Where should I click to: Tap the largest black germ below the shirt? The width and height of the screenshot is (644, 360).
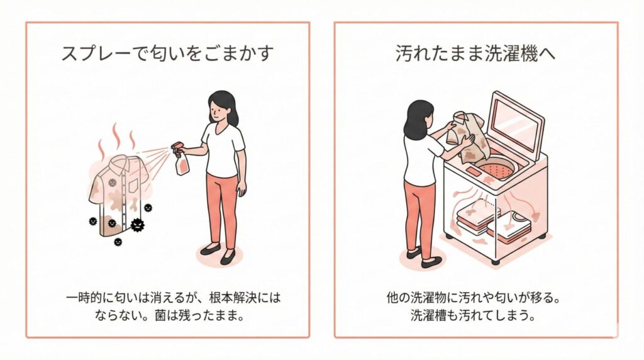138,225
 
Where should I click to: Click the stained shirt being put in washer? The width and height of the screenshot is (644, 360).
468,136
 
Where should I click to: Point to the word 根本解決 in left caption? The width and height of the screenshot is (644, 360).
228,297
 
